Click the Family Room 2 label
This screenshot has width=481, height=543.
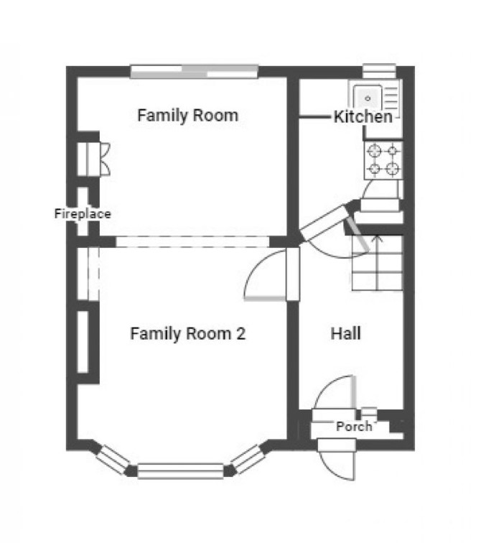188,334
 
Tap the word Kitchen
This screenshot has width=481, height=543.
363,116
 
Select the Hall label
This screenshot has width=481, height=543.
346,333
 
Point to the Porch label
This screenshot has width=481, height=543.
354,427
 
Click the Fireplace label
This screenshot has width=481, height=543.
83,213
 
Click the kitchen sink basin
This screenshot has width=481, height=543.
368,98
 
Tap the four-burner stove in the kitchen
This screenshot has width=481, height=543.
383,160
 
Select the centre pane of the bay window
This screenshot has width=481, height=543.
180,471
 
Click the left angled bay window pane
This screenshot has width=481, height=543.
113,460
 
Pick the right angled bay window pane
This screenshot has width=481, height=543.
248,459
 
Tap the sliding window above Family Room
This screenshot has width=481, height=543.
194,72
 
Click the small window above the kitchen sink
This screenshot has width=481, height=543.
379,71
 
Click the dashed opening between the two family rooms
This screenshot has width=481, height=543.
192,242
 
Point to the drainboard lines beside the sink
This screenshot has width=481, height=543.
391,98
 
